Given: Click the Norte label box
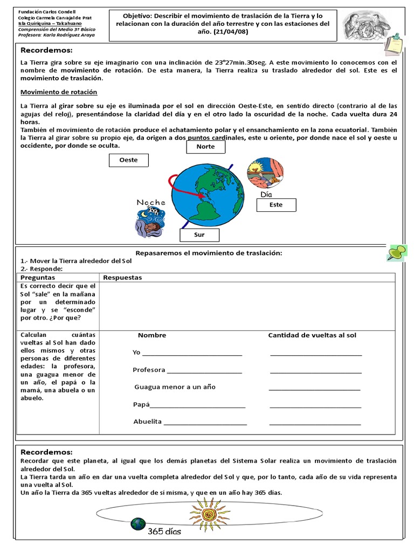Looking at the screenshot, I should tap(205, 147).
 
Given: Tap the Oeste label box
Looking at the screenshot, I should tap(128, 160).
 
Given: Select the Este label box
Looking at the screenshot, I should tap(276, 205).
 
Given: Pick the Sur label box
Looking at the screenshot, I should tap(199, 235).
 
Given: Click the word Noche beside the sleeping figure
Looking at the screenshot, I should tap(150, 202).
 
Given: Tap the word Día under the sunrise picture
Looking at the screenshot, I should tap(266, 194).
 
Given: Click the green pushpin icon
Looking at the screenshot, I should tap(397, 252).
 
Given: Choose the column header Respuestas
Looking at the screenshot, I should tap(122, 277).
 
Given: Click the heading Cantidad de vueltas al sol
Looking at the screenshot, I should tap(312, 335).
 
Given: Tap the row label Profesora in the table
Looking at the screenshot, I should tap(149, 370).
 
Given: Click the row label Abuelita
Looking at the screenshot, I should tap(148, 422).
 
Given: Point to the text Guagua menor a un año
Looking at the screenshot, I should tap(175, 387).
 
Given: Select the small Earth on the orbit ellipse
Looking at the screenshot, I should tap(138, 523).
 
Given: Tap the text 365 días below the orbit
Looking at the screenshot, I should tap(165, 532).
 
